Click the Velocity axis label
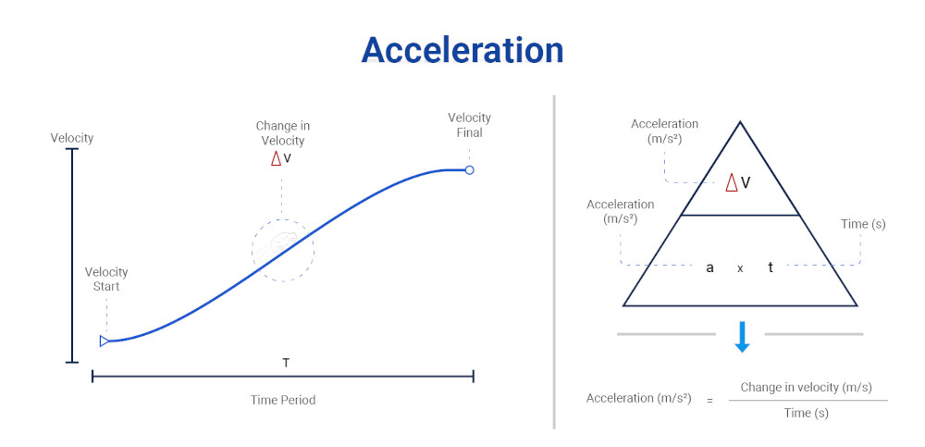click(72, 138)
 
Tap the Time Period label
click(282, 400)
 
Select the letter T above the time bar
click(286, 363)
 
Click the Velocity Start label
click(106, 279)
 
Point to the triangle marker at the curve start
click(105, 341)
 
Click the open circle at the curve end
click(469, 170)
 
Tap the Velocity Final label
click(469, 125)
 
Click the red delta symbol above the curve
click(276, 158)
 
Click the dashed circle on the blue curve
click(283, 249)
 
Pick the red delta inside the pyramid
click(732, 182)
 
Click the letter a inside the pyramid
click(709, 267)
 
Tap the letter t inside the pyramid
click(771, 267)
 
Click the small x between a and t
click(740, 268)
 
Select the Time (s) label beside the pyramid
click(863, 224)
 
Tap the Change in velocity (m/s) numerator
click(807, 387)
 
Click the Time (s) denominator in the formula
click(807, 413)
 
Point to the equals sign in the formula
click(710, 400)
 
